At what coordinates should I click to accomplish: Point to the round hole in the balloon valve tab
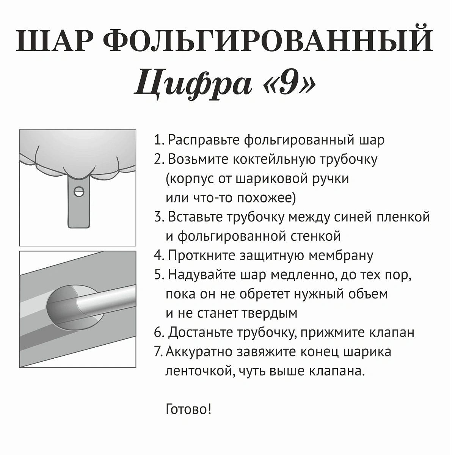pos(79,191)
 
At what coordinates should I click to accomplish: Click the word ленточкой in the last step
pos(196,371)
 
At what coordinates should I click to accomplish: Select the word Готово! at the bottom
pos(188,409)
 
